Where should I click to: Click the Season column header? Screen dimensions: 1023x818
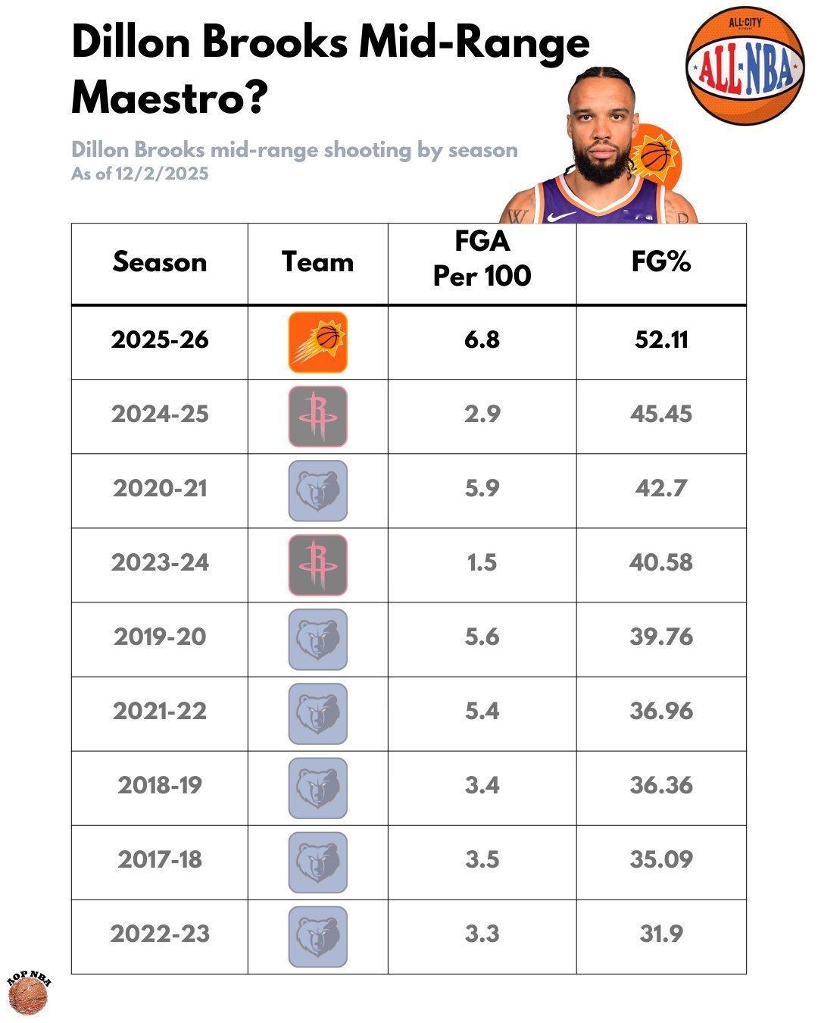click(160, 262)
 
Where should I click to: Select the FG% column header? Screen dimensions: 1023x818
click(661, 262)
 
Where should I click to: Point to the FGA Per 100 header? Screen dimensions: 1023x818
click(482, 259)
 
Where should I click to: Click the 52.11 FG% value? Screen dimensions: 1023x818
click(661, 339)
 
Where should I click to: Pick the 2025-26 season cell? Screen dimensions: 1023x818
click(160, 339)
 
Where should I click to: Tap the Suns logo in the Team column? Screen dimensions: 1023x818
click(318, 342)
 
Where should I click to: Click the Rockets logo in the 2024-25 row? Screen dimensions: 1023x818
click(318, 416)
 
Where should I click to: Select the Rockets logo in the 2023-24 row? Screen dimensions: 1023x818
click(318, 565)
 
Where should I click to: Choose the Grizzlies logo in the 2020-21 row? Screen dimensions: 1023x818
click(318, 490)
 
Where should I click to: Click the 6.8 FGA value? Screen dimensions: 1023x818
click(482, 339)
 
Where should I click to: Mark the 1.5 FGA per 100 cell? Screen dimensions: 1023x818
click(482, 563)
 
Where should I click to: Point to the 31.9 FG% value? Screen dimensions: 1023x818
click(661, 934)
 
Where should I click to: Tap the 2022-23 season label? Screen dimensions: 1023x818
click(160, 934)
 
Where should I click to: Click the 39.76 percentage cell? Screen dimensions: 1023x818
click(661, 637)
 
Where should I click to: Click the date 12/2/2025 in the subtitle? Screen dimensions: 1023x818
click(162, 174)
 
